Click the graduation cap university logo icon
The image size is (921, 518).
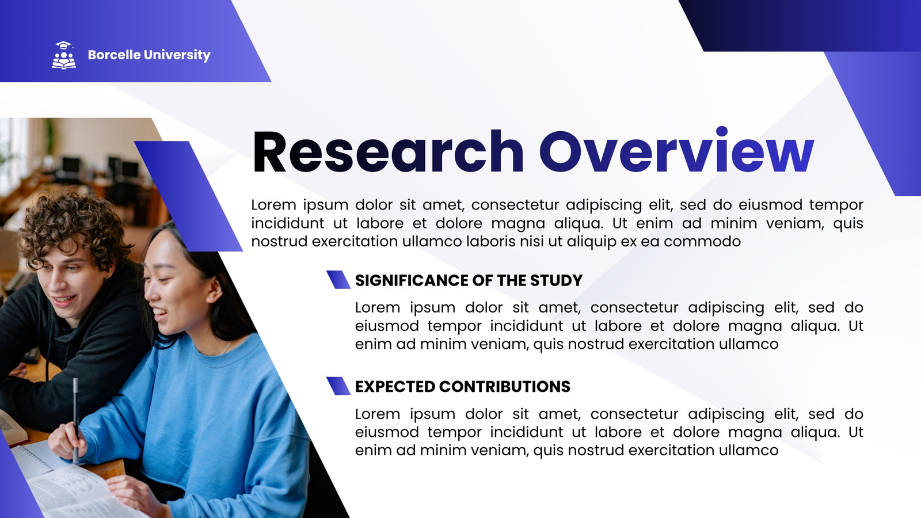[x=64, y=55]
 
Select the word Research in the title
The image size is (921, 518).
[x=388, y=152]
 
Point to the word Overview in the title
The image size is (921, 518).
[x=677, y=150]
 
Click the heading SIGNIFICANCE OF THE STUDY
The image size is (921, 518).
[x=469, y=280]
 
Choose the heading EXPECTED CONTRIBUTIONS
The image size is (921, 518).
[x=463, y=386]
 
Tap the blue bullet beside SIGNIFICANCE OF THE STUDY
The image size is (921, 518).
[x=338, y=280]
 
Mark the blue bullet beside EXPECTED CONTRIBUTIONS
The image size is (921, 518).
[x=338, y=386]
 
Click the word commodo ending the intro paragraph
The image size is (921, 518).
[x=702, y=242]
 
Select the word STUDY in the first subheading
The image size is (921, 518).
[x=556, y=280]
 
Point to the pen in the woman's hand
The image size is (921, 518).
[x=76, y=420]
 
